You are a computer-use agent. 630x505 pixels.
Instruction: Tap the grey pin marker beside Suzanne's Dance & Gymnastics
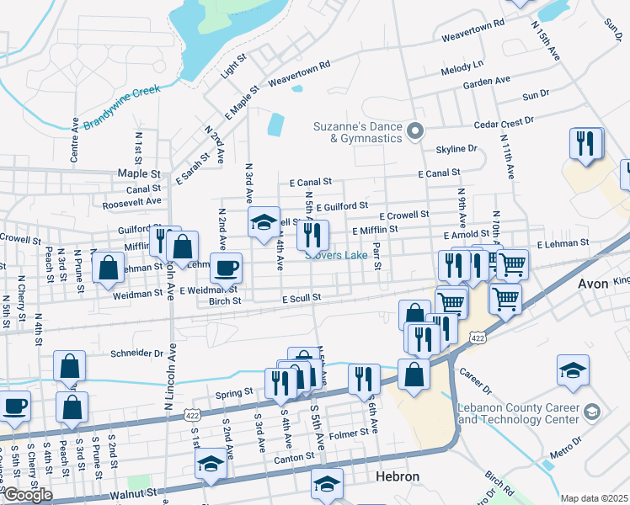(414, 131)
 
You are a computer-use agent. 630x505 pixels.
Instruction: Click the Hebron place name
(397, 476)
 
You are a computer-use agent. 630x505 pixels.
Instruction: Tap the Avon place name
(594, 284)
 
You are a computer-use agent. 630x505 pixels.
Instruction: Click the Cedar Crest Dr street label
(504, 123)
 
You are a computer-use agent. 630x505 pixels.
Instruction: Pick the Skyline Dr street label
(456, 149)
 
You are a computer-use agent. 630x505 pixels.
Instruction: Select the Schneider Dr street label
(134, 354)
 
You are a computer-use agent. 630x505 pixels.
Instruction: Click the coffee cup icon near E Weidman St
(226, 269)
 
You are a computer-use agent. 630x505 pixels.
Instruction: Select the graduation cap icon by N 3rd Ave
(264, 222)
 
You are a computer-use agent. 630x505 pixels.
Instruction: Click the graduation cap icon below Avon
(573, 369)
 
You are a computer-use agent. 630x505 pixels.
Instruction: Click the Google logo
(27, 495)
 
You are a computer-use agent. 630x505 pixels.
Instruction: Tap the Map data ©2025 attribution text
(595, 498)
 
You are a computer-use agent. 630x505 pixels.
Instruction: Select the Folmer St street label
(349, 433)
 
